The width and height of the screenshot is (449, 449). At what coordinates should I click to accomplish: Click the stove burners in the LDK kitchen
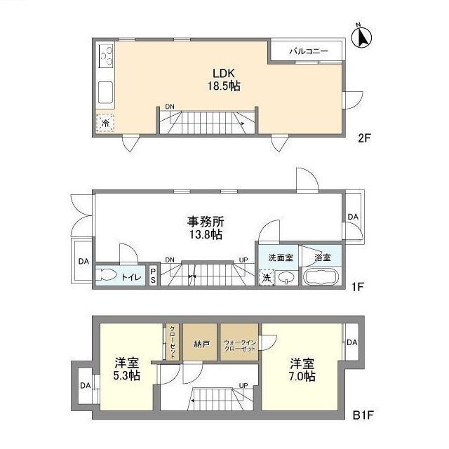[x=107, y=54]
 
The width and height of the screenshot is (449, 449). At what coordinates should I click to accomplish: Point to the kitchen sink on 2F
[x=107, y=91]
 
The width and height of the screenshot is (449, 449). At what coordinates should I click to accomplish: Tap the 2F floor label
[x=363, y=138]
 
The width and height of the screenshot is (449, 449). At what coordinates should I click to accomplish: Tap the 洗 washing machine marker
[x=267, y=277]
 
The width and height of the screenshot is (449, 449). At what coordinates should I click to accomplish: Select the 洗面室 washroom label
[x=280, y=257]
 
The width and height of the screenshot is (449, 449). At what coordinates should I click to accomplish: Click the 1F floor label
[x=358, y=287]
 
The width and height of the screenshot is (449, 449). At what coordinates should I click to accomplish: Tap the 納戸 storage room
[x=201, y=344]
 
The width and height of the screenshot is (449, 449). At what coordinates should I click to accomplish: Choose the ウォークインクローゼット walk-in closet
[x=239, y=344]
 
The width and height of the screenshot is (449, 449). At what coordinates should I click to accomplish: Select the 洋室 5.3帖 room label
[x=127, y=369]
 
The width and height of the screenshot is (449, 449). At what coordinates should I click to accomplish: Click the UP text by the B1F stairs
[x=243, y=385]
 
